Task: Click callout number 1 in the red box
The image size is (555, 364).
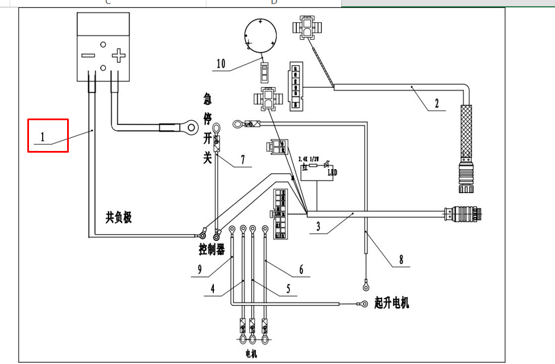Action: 42,137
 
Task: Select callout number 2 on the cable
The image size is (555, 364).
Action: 437,104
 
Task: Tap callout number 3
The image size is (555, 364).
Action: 318,227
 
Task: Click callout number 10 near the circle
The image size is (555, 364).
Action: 221,64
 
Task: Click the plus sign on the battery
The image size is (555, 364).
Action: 118,55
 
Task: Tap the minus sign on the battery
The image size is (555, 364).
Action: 88,55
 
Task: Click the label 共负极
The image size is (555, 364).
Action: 118,217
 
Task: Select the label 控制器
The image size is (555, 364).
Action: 212,249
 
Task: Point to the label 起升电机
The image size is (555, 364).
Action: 392,303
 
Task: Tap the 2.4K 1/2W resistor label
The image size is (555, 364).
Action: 310,158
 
